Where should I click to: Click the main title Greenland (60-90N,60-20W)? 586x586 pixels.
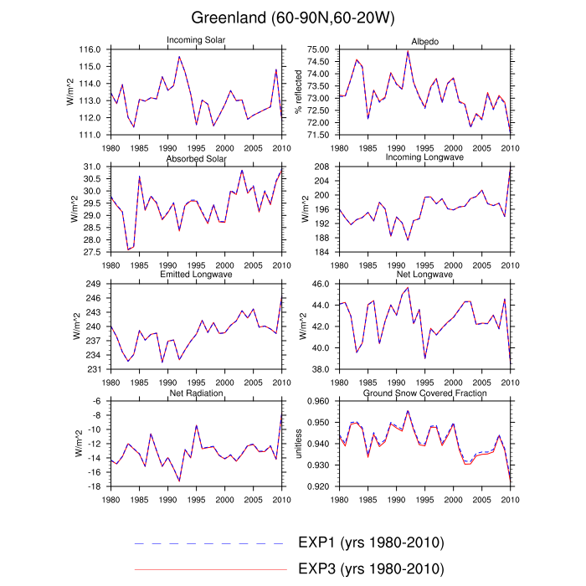292,18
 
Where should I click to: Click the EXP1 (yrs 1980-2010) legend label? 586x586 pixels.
370,542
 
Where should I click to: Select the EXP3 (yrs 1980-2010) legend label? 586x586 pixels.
370,568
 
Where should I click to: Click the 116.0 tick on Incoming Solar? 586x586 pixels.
90,50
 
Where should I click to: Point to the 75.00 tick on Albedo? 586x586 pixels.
319,50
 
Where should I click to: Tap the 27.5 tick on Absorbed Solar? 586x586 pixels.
92,252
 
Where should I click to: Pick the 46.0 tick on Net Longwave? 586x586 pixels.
321,285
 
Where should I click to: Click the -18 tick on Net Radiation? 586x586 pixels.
96,486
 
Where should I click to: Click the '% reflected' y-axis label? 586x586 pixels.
299,92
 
